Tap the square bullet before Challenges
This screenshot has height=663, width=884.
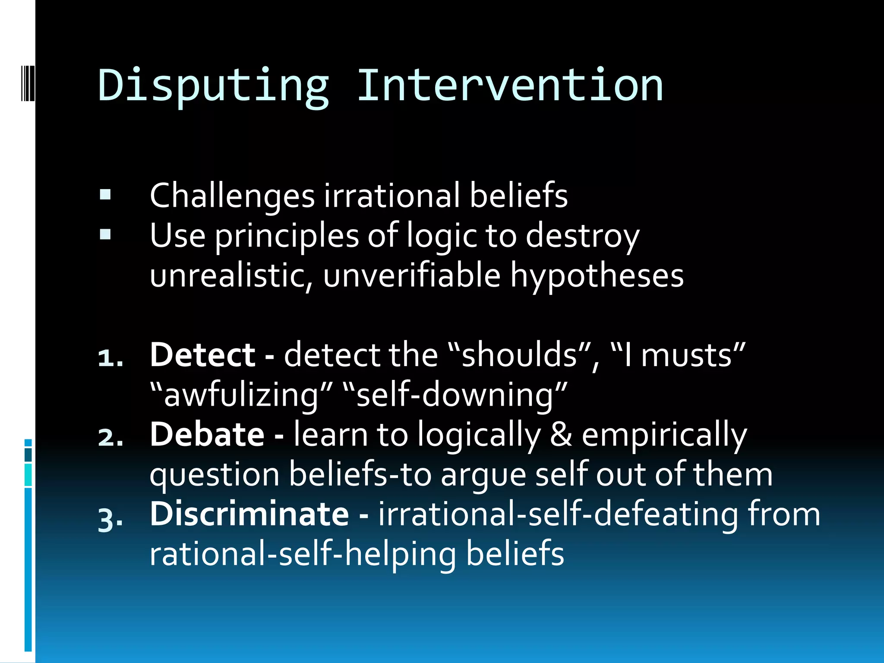click(105, 195)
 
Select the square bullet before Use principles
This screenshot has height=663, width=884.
click(105, 235)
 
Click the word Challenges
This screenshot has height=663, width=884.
click(232, 196)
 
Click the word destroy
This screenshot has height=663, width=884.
click(582, 236)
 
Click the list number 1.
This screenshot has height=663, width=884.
click(110, 358)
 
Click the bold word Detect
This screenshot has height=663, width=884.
click(202, 355)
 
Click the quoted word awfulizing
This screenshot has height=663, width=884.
click(241, 395)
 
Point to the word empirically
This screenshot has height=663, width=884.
click(664, 435)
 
